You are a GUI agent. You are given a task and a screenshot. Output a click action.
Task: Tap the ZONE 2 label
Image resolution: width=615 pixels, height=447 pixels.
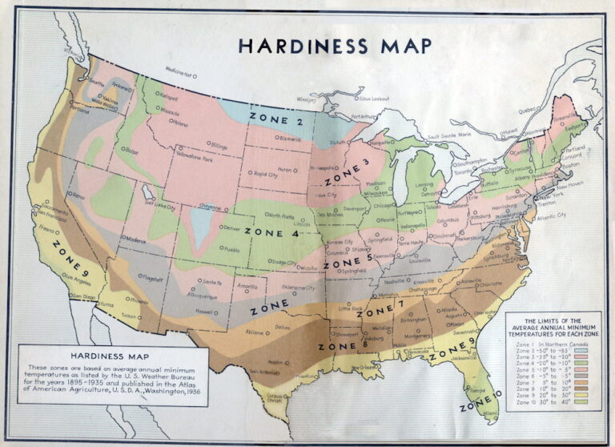[x=276, y=119]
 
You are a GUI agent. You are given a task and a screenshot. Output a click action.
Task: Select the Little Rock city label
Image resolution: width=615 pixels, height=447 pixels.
[x=351, y=308]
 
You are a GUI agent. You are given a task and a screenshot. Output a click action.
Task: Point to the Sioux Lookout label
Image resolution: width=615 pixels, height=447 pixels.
[x=373, y=98]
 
